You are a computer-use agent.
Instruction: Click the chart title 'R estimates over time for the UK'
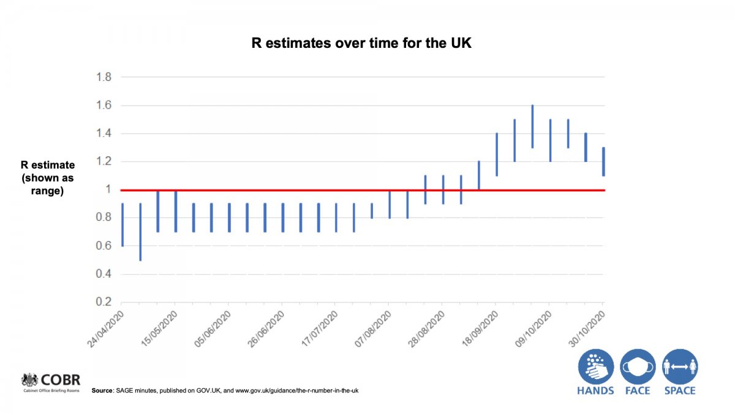point(361,43)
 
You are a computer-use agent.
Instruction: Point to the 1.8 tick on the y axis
point(104,77)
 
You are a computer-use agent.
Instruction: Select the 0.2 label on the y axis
point(104,302)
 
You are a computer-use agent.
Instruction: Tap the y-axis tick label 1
point(108,190)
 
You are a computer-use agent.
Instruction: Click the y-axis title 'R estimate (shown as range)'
point(48,178)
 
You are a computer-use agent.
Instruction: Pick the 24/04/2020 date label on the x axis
point(105,329)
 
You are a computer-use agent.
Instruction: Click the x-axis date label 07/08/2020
point(373,329)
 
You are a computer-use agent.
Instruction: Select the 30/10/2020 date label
point(587,329)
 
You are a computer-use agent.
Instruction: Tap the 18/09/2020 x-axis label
point(480,329)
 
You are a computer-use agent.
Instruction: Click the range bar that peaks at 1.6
point(532,126)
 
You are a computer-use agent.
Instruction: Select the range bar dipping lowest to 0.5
point(140,232)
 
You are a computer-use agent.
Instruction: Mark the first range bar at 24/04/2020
point(123,224)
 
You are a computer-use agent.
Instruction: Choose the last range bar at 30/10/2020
point(604,162)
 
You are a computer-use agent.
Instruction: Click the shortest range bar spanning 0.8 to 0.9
point(372,210)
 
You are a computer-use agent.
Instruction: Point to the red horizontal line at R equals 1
point(363,190)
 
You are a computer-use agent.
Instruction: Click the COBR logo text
point(61,380)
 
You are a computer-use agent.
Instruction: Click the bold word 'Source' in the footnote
point(102,391)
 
